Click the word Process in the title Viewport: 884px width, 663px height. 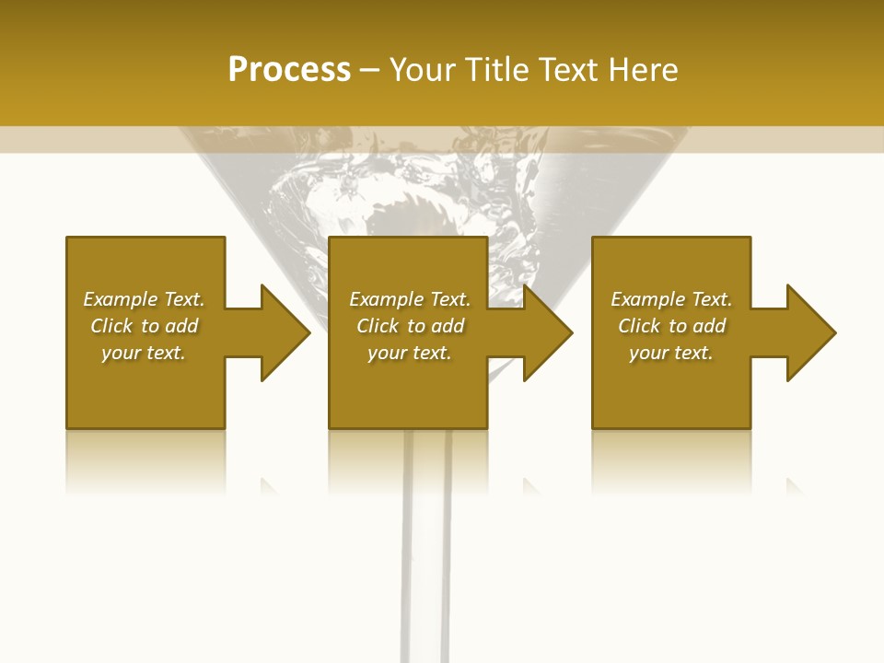click(289, 70)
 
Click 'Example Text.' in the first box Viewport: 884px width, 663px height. click(144, 299)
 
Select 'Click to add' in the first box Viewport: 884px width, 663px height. click(144, 326)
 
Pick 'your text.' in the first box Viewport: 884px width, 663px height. click(144, 353)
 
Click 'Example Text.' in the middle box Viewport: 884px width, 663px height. click(410, 299)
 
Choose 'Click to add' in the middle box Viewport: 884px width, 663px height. click(410, 326)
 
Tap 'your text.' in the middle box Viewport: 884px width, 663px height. click(410, 353)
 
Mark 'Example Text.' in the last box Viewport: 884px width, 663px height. click(671, 299)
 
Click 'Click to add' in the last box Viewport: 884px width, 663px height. click(671, 326)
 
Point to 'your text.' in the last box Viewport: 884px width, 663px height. click(671, 353)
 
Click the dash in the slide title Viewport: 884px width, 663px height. click(370, 71)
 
